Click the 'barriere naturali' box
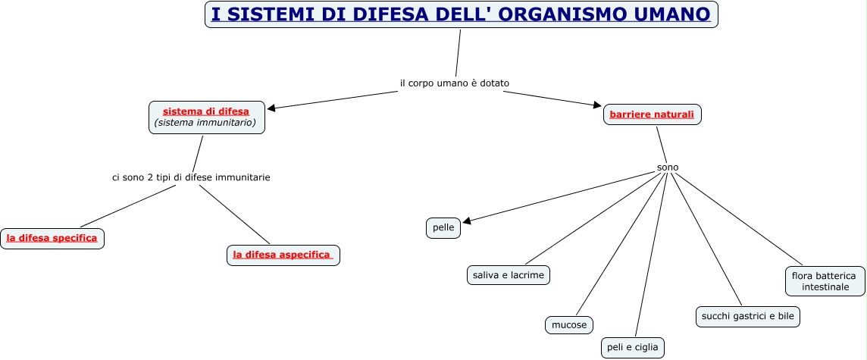652,114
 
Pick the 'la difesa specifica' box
52,238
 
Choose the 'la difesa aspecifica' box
283,255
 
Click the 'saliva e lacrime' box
508,275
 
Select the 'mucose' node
568,325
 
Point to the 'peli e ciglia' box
633,348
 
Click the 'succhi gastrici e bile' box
747,316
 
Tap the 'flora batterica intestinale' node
824,281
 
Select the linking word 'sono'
668,167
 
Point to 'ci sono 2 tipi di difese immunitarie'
191,177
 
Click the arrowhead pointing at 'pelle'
467,221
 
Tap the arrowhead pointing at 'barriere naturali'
598,106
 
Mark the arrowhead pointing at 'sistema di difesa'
271,108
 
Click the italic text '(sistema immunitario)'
205,122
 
